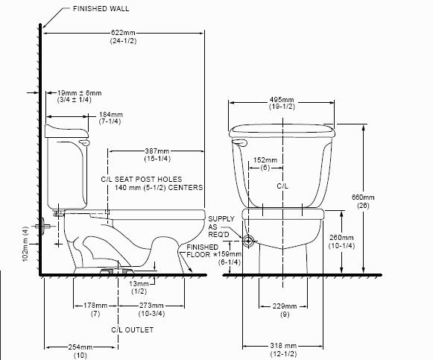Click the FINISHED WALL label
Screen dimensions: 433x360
pyautogui.click(x=101, y=9)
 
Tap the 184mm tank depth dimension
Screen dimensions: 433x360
pyautogui.click(x=111, y=115)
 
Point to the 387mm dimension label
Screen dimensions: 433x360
pyautogui.click(x=157, y=151)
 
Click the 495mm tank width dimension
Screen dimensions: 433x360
pyautogui.click(x=282, y=100)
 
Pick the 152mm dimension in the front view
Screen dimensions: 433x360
pyautogui.click(x=265, y=160)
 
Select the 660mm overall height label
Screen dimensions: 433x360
pyautogui.click(x=363, y=198)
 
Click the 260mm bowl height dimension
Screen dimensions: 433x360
pyautogui.click(x=341, y=238)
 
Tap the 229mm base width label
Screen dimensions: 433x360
pyautogui.click(x=285, y=306)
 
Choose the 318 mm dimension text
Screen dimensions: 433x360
pyautogui.click(x=283, y=346)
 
